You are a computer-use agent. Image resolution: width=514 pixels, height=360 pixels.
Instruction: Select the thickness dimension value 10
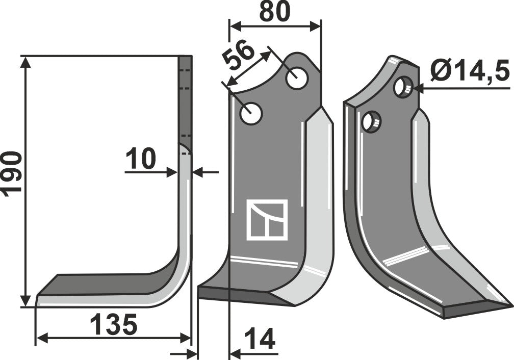pos(141,159)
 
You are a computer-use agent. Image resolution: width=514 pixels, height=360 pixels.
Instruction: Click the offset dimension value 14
pos(260,339)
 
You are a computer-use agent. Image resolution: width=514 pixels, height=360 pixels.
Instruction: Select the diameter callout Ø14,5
pos(469,72)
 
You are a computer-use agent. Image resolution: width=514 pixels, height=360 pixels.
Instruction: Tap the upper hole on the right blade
pos(403,87)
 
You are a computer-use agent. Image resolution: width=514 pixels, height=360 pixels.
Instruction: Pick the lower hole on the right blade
pos(371,121)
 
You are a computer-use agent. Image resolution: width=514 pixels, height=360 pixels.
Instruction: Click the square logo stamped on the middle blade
pos(267,220)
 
